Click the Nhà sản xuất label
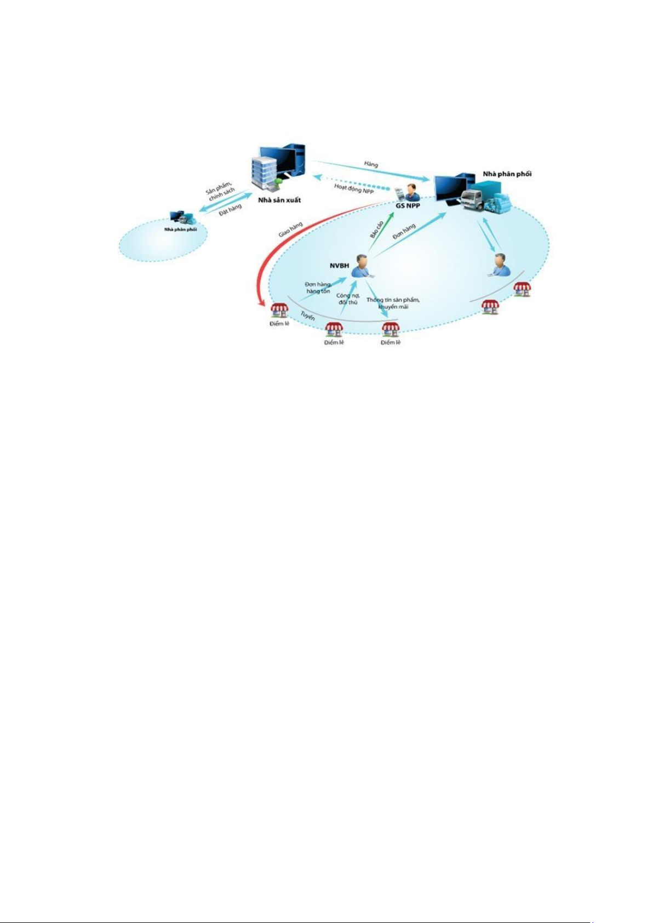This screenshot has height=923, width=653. point(279,200)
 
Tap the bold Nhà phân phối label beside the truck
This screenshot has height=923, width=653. point(506,174)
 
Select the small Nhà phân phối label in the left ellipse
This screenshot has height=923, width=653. point(180,230)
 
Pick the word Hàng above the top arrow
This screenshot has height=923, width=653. point(371,164)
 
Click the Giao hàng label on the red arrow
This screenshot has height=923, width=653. point(290,229)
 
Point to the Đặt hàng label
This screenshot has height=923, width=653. point(230,210)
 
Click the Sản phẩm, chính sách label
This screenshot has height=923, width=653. point(220,189)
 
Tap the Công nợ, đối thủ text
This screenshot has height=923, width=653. point(348,299)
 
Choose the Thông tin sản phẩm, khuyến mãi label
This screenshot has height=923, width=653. point(393,303)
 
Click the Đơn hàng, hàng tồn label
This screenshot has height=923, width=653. point(318,288)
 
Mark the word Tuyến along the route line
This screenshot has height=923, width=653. point(307,316)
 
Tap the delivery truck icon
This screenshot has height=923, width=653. point(474,202)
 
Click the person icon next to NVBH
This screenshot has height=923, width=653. point(360,266)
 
